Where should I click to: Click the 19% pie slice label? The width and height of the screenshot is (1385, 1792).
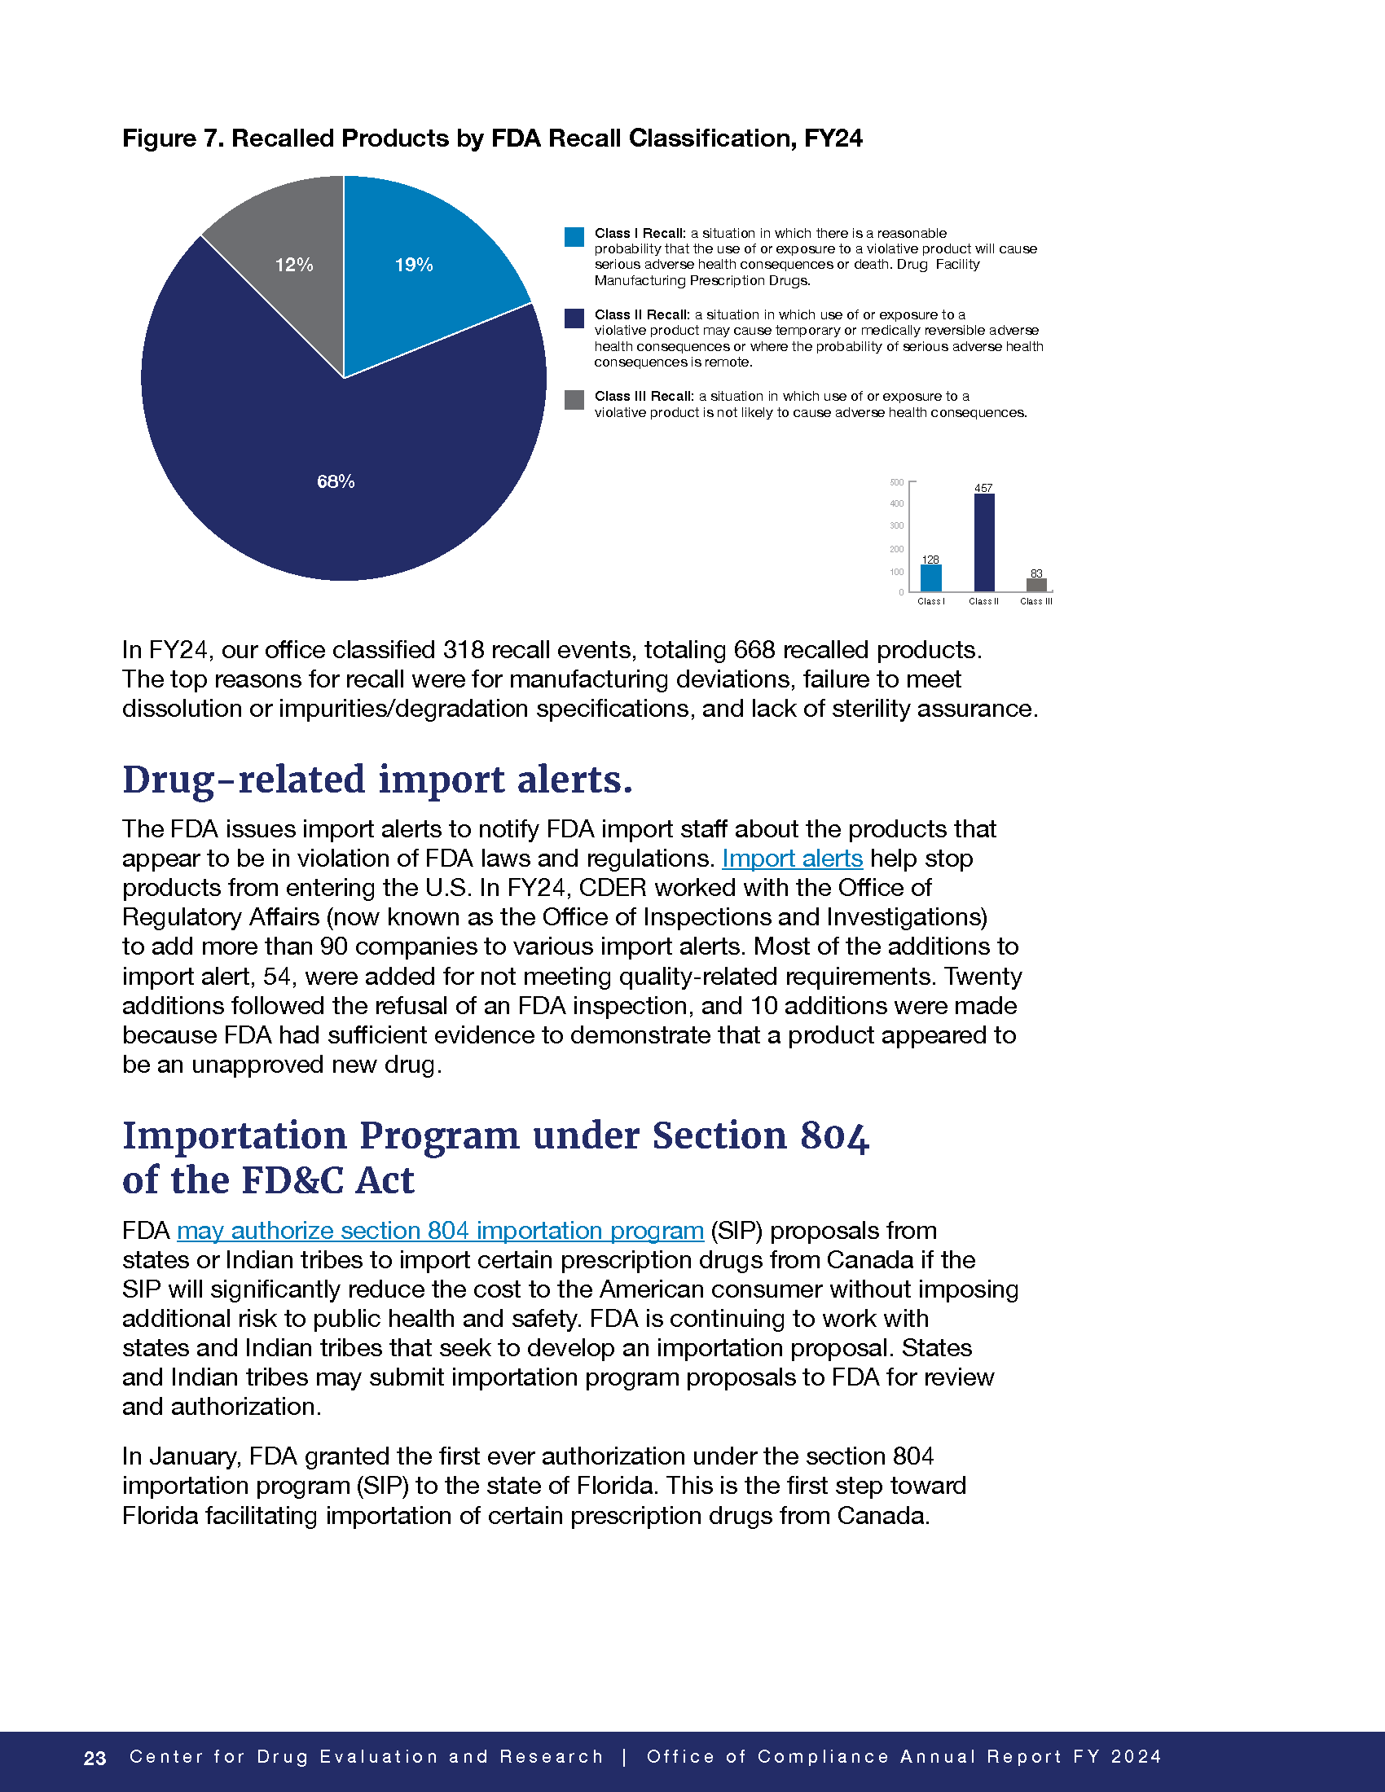414,265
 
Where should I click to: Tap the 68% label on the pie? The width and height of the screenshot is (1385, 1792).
336,481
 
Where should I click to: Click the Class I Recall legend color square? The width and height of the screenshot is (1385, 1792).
574,237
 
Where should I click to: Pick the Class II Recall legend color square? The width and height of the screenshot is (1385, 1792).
574,318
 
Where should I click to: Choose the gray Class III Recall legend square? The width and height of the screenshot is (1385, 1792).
574,400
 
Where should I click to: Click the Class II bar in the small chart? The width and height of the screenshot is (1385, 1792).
984,542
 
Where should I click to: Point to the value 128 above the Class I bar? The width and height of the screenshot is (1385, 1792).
930,560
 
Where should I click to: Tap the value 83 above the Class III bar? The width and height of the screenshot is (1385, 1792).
1036,573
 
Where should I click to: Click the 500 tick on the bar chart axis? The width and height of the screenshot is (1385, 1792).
897,482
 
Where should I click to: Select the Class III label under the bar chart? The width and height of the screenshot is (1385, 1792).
1035,601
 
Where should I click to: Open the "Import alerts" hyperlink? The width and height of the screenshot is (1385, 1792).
792,859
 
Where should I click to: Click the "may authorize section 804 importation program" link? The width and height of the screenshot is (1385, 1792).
440,1231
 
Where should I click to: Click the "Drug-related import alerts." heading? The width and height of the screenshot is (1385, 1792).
377,780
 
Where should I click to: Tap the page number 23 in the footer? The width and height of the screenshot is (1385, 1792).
95,1758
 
